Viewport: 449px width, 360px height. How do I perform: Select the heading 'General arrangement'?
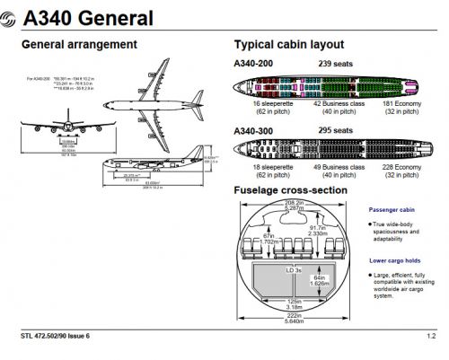78,44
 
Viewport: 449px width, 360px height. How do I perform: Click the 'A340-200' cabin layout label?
255,62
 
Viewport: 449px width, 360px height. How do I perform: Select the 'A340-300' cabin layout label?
255,129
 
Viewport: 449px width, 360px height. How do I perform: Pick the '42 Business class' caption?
334,104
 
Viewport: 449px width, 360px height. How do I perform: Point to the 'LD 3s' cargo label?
292,269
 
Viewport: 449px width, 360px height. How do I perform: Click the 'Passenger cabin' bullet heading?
393,209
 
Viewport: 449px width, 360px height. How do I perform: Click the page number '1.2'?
432,337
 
